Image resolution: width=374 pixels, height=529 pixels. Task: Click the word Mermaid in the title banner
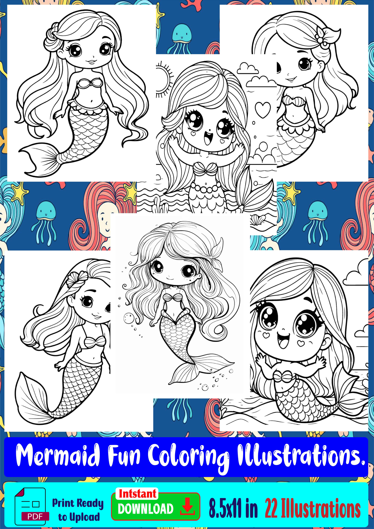(x=58, y=455)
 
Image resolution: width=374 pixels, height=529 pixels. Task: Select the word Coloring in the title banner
(x=188, y=458)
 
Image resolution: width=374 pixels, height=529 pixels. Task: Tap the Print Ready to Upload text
(x=78, y=510)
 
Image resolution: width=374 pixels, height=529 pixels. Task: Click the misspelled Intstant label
(x=137, y=494)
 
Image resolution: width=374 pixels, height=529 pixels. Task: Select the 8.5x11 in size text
(x=233, y=508)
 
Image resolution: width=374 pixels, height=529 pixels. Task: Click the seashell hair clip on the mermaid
(x=77, y=279)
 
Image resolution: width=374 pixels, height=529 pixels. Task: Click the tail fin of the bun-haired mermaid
(x=40, y=160)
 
